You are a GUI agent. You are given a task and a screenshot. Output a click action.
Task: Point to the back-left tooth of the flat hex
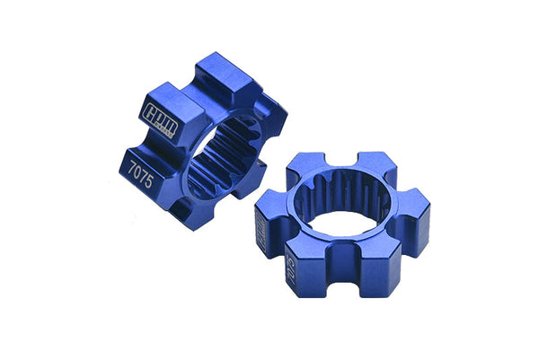pyautogui.click(x=303, y=166)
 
